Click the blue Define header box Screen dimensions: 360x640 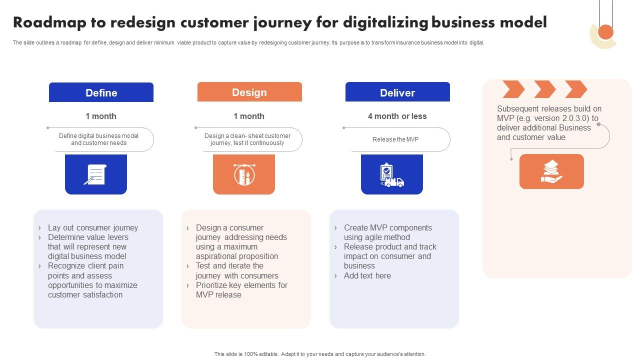click(101, 92)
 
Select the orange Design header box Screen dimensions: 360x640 click(249, 92)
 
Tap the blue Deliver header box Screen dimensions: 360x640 click(397, 92)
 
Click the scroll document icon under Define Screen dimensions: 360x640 click(95, 174)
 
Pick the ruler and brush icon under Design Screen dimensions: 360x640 click(244, 174)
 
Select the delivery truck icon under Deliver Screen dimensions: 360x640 click(391, 175)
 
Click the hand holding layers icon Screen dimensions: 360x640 click(551, 171)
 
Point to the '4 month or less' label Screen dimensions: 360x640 click(397, 116)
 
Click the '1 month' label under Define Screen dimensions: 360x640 click(101, 116)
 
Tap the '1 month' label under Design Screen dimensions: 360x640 click(249, 116)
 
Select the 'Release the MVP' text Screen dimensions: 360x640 click(395, 139)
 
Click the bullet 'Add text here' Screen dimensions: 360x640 click(367, 275)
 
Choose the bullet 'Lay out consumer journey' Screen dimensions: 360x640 click(92, 227)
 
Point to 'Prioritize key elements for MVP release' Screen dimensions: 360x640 click(241, 290)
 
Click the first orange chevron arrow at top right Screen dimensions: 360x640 click(513, 89)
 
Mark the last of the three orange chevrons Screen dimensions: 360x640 click(576, 89)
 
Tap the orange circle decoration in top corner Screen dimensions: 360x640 click(605, 32)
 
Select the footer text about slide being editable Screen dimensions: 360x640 click(320, 354)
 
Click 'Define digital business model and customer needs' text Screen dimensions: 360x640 click(98, 139)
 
